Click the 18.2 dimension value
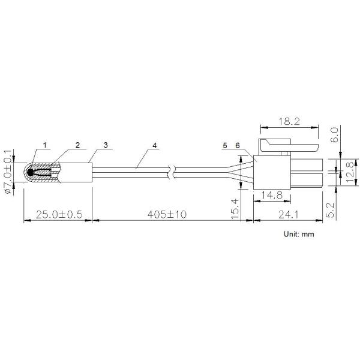289,121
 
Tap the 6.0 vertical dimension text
335,133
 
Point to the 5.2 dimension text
335,209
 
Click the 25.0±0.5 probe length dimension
58,214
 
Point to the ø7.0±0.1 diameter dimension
9,170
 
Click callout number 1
45,145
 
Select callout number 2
77,145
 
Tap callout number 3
105,145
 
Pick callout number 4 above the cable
154,145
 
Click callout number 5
225,146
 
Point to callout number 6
237,146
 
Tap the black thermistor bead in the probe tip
31,172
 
